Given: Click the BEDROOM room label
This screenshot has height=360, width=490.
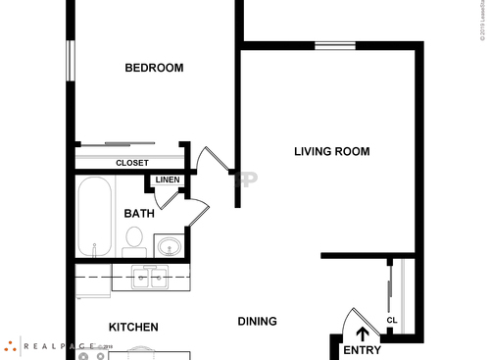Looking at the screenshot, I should click(154, 68).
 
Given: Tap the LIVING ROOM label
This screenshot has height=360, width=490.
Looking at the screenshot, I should click(331, 151).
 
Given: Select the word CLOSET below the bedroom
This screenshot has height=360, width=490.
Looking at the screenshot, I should click(131, 163).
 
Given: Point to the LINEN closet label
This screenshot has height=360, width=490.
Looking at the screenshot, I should click(167, 180).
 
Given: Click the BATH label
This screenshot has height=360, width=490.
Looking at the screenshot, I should click(138, 213).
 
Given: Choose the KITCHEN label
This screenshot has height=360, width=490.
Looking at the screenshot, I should click(133, 327).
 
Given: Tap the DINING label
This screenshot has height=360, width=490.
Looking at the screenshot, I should click(257, 321).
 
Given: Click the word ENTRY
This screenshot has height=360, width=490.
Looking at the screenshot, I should click(362, 350).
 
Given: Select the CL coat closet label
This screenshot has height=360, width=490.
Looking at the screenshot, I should click(391, 320).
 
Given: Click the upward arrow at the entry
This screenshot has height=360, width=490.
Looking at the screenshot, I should click(363, 334).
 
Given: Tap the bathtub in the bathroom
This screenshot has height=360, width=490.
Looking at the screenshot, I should click(95, 216).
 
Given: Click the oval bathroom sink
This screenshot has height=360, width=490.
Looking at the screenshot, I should click(170, 245).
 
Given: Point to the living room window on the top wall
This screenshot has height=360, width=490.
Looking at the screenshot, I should click(334, 45).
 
